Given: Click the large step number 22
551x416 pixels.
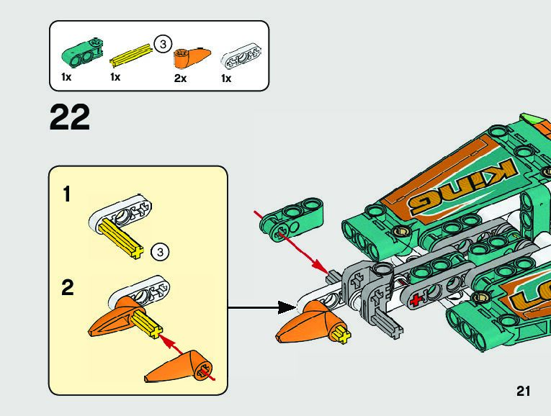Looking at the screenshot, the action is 70,117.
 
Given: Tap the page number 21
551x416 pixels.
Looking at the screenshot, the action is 523,392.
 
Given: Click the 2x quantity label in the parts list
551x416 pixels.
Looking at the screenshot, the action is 180,78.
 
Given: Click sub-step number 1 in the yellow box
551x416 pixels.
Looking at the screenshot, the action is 66,194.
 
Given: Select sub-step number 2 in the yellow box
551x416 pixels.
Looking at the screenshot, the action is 67,288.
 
